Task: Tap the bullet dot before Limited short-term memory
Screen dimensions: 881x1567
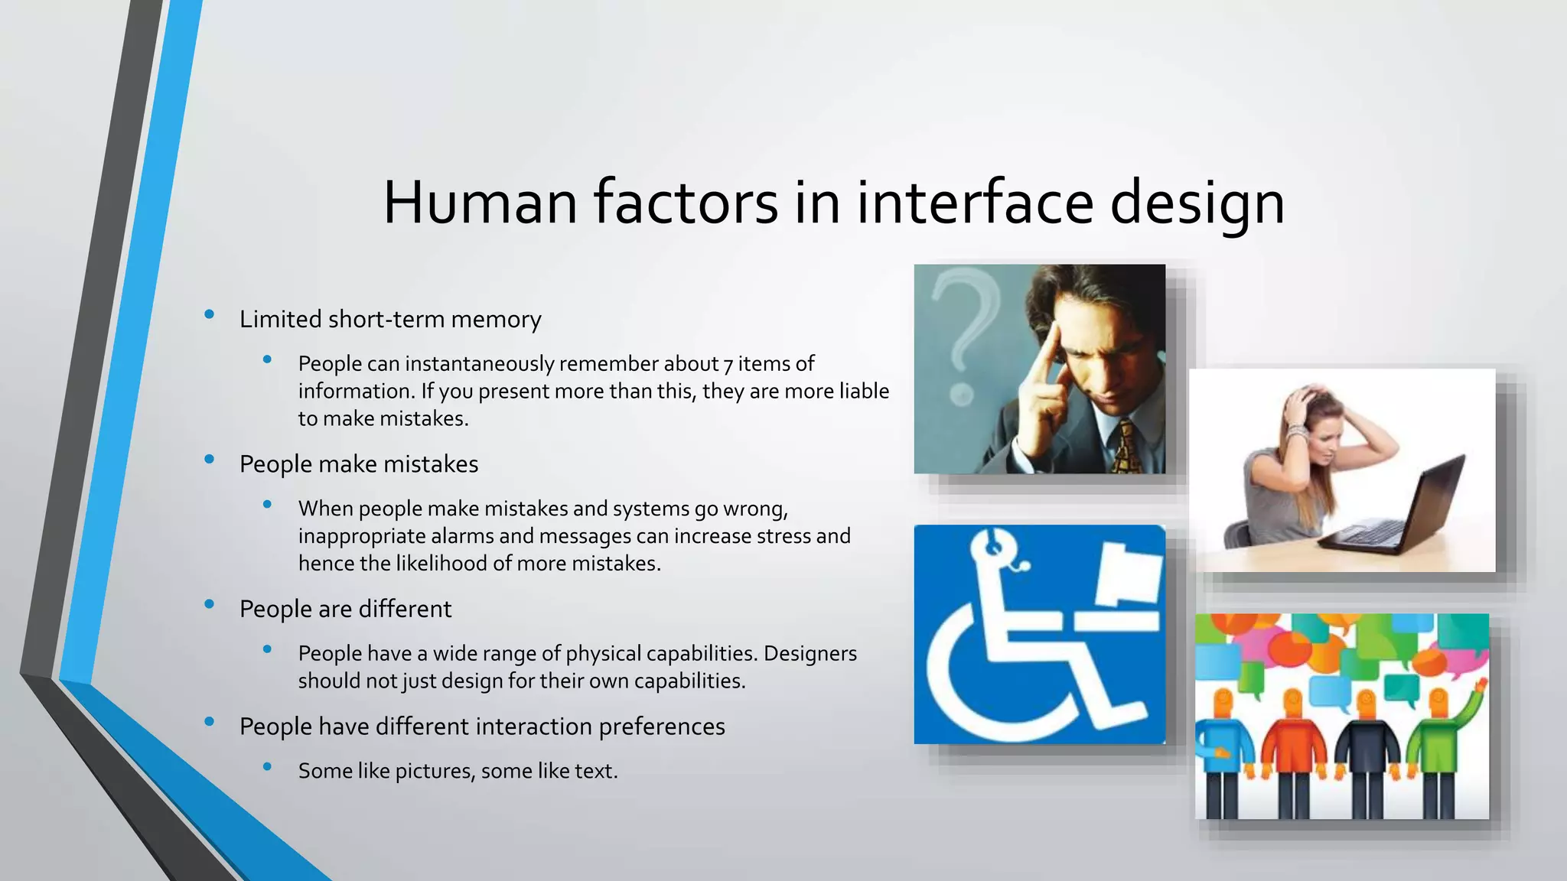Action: tap(209, 314)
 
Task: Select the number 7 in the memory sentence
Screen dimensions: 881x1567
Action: tap(728, 364)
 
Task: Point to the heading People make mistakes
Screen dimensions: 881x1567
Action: tap(358, 464)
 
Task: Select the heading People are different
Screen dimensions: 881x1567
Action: tap(345, 610)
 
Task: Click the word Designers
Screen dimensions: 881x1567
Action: tap(810, 654)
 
